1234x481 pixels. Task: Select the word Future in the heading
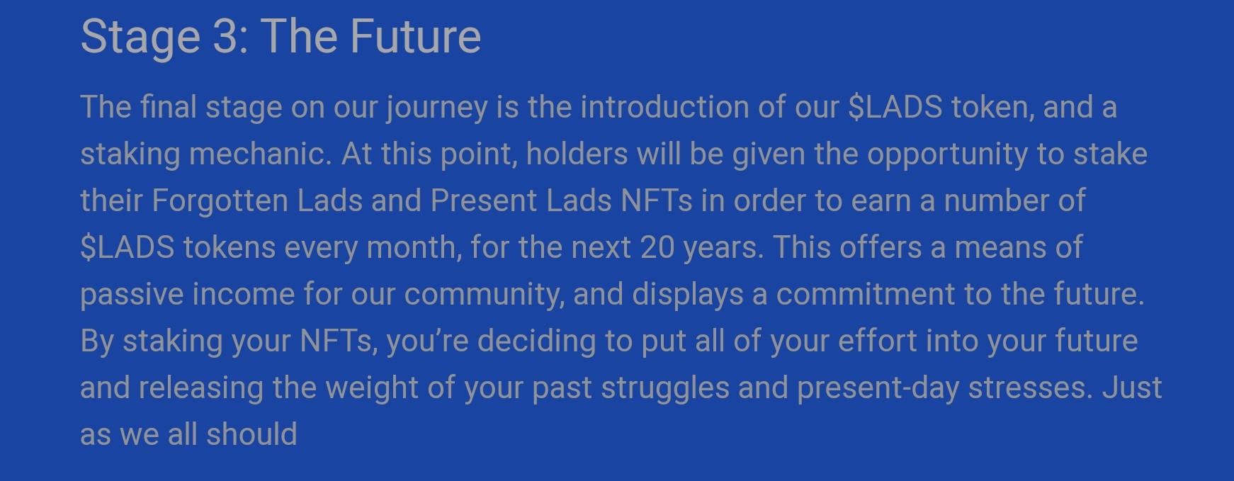[416, 36]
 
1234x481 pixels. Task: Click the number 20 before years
[657, 247]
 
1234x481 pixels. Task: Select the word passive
[132, 295]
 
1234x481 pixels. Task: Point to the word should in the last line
[251, 434]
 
